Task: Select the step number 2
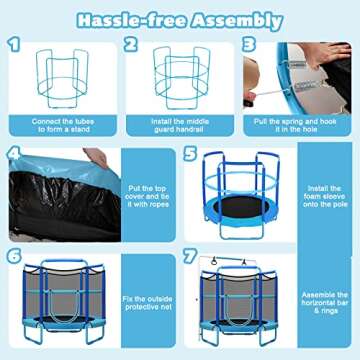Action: pos(130,46)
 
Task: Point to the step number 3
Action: pos(249,46)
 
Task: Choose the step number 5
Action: pos(190,155)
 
